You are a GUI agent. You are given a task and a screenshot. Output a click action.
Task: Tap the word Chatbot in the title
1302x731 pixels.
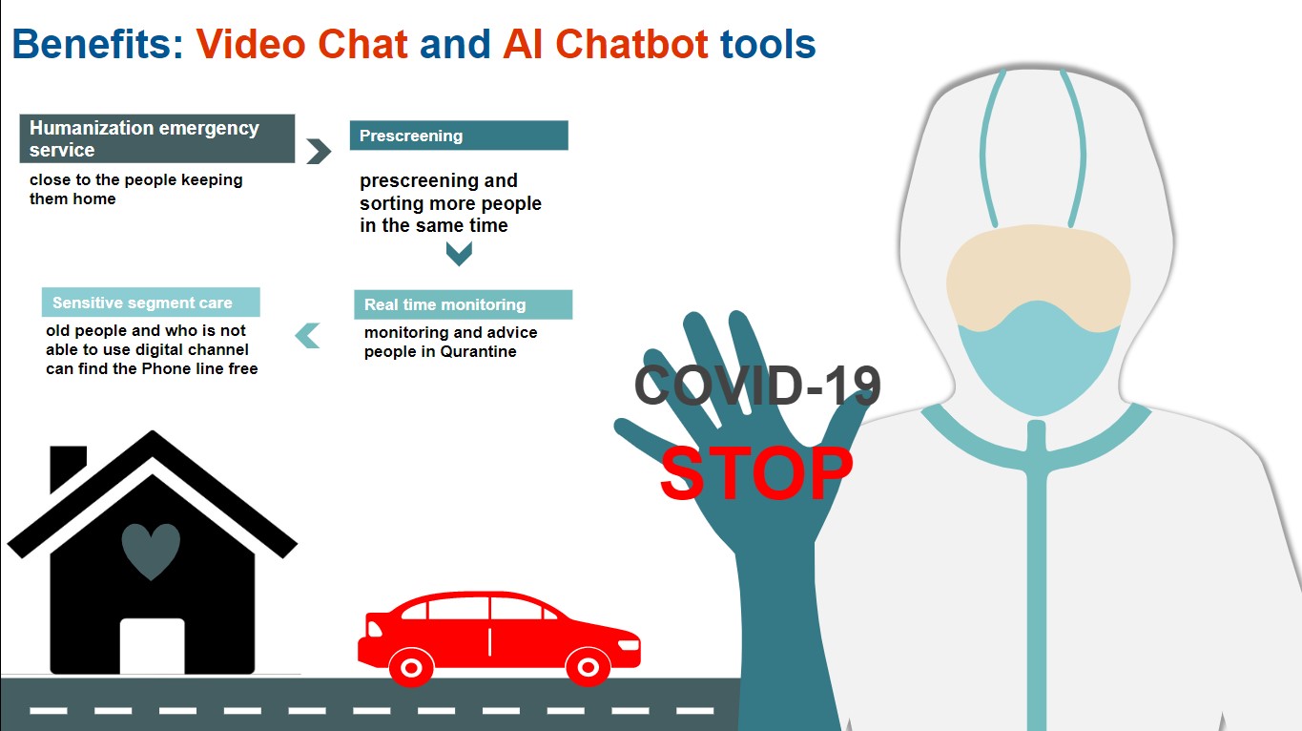(x=631, y=45)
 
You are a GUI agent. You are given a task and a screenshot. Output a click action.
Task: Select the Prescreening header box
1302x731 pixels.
(x=459, y=136)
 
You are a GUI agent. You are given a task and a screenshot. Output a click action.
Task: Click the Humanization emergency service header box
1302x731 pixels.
(x=157, y=138)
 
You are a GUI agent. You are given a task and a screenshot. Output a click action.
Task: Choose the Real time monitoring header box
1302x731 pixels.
(x=463, y=304)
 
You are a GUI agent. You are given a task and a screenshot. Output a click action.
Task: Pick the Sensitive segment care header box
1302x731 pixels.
(x=151, y=303)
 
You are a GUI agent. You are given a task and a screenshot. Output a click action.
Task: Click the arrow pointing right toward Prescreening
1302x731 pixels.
(x=319, y=151)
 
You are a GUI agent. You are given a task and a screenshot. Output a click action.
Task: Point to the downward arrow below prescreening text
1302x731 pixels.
(x=459, y=253)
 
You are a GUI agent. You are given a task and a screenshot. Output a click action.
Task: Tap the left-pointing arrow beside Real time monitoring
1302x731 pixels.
(x=307, y=335)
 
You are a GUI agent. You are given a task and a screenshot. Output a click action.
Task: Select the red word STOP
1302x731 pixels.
(x=755, y=473)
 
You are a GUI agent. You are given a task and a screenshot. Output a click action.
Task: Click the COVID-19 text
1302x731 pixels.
(x=757, y=386)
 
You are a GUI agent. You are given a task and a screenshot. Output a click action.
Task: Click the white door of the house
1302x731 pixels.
(x=152, y=646)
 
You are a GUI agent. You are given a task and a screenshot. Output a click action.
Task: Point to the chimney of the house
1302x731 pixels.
(x=67, y=468)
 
